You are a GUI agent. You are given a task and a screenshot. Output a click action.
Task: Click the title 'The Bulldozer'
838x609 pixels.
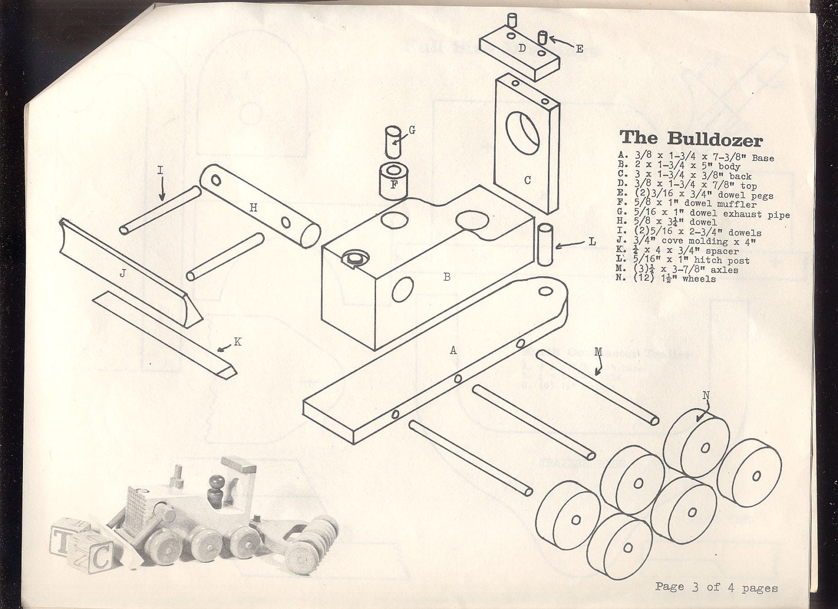[691, 138]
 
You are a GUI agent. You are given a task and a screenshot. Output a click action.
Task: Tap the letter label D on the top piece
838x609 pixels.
[522, 48]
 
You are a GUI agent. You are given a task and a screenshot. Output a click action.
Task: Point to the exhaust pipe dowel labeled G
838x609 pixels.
[393, 142]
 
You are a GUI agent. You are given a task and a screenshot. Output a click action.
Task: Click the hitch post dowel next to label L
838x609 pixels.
[545, 244]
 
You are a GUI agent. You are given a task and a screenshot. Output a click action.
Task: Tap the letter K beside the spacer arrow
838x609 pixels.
[237, 342]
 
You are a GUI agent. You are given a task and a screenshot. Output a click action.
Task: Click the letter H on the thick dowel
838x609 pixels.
[253, 208]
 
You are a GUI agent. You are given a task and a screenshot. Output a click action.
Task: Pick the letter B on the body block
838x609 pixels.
[446, 276]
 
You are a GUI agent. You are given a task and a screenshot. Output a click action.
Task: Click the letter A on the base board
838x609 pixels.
[453, 351]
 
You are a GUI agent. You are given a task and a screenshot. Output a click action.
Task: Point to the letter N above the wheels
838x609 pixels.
[706, 396]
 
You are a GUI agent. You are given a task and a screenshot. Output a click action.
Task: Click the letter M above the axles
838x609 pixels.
[598, 352]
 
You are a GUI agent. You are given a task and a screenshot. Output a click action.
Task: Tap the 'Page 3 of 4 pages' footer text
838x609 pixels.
[716, 587]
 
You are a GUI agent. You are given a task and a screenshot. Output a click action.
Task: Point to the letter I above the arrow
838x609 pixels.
[160, 171]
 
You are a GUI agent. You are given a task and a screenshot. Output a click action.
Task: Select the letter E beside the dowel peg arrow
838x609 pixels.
[579, 49]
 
